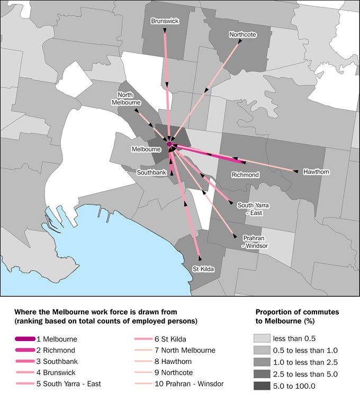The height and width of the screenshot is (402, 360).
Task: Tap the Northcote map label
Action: [x=242, y=35]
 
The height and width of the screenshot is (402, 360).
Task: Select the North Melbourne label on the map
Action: [x=125, y=99]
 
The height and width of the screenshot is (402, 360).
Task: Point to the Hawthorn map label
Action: [x=316, y=172]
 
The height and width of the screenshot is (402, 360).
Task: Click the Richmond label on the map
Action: [x=245, y=175]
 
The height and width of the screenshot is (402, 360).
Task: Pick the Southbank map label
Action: [x=152, y=173]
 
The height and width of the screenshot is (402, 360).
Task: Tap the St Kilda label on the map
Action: [x=203, y=269]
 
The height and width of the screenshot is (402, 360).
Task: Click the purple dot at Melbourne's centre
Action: [x=169, y=144]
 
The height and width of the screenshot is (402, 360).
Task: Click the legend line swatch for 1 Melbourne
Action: [x=25, y=339]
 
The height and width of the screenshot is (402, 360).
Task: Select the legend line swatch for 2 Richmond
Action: [x=25, y=350]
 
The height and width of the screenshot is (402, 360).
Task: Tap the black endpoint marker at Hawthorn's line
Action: [x=296, y=171]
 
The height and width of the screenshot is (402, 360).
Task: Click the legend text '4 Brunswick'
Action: [x=60, y=372]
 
